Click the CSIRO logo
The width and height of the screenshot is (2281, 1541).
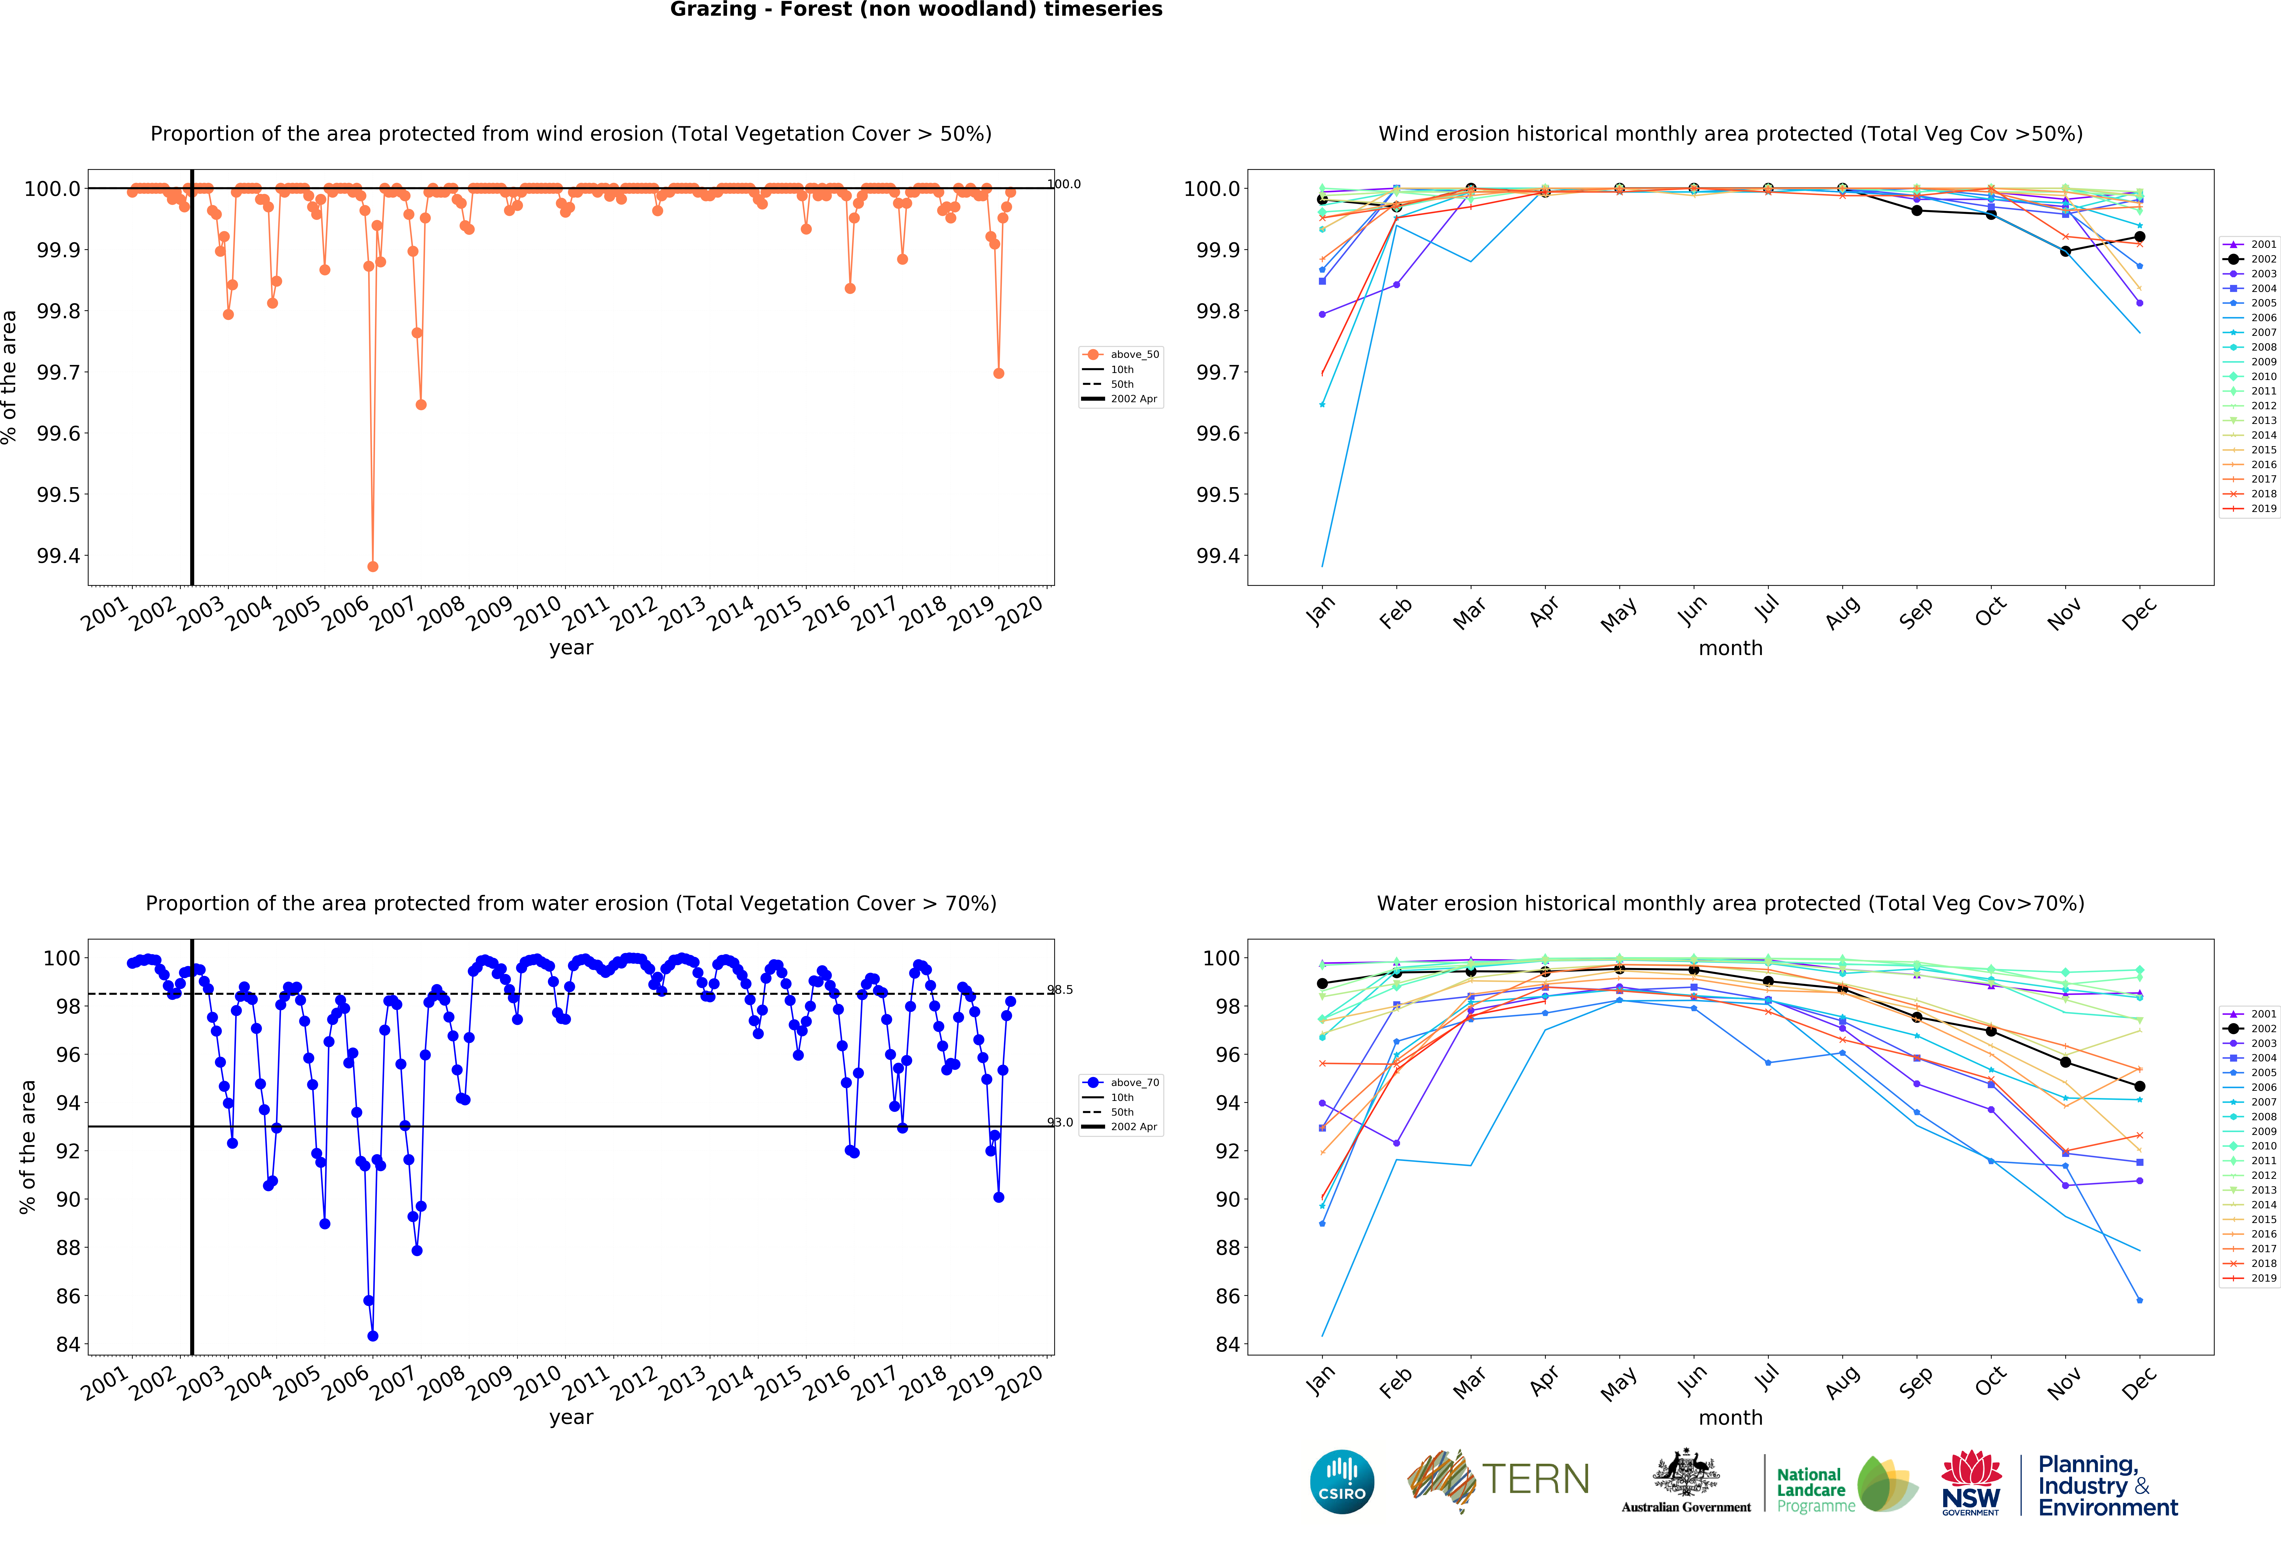click(x=1342, y=1481)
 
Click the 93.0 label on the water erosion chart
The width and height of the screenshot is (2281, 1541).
click(x=1060, y=1122)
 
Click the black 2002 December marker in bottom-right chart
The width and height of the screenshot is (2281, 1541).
click(x=2140, y=1086)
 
